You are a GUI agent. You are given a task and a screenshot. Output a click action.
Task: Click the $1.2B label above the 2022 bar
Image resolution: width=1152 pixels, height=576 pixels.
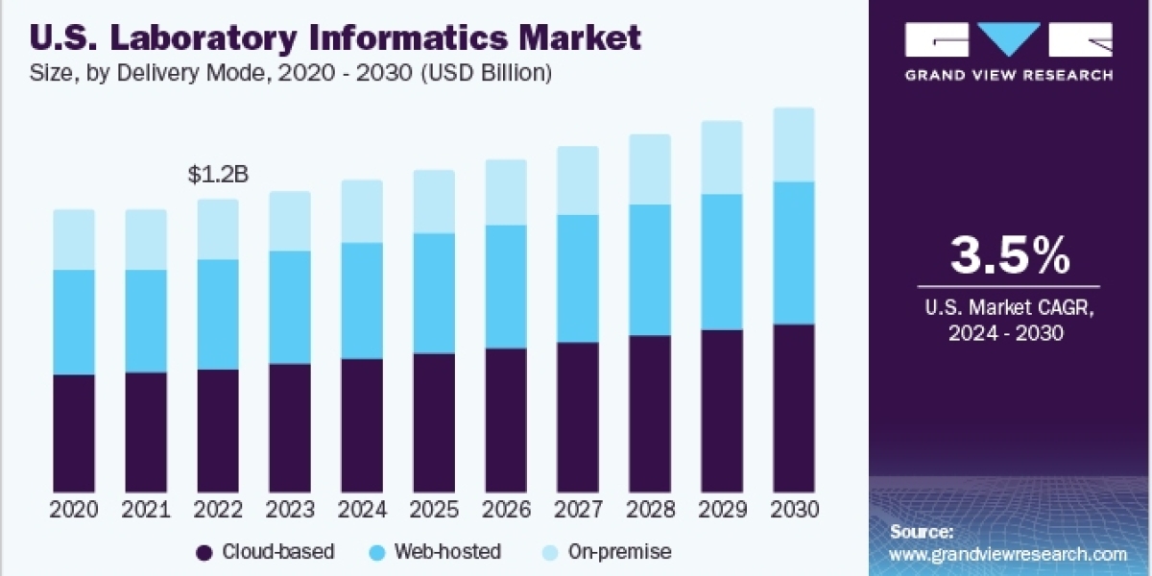pos(218,175)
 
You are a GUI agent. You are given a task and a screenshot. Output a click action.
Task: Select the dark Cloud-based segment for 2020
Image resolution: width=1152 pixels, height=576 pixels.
pos(74,432)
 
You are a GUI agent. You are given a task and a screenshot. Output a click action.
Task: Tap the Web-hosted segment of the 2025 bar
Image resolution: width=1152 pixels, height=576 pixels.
pos(434,293)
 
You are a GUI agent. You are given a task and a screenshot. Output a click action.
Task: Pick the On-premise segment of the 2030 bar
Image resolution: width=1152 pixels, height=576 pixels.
pos(794,144)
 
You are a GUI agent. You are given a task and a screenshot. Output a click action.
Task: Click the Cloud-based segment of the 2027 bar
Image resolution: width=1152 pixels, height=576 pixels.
pos(578,416)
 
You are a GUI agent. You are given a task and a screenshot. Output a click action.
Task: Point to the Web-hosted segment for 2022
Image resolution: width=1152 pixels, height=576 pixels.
pos(218,314)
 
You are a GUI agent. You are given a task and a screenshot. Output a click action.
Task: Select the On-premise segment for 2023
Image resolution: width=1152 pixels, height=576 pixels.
pos(290,221)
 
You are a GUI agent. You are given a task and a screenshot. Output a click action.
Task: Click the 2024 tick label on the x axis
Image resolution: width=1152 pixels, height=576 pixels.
pos(362,510)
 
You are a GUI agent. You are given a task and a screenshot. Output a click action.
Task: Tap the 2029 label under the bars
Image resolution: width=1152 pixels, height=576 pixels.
pos(722,510)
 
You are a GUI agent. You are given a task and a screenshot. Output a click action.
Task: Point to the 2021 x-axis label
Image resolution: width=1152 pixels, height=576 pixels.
pos(146,510)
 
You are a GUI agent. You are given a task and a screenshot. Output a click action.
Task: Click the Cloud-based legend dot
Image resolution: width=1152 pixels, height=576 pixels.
pos(204,552)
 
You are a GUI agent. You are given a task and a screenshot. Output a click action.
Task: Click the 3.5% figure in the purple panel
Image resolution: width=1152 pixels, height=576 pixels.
pos(1009,255)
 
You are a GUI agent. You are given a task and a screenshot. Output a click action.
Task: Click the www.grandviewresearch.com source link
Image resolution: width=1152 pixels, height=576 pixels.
pos(1008,554)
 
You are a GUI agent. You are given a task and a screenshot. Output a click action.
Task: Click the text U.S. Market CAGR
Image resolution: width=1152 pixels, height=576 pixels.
pos(1009,310)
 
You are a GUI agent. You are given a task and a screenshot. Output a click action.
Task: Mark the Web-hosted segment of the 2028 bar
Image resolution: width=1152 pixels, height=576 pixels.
pos(650,270)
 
